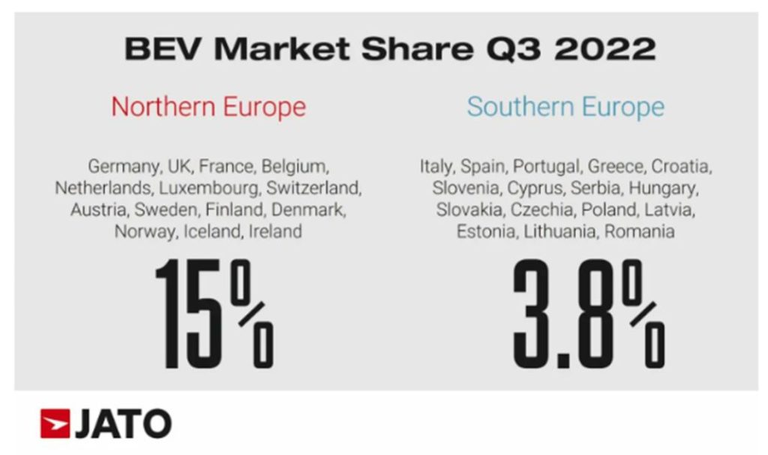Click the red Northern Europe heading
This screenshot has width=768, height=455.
coord(208,106)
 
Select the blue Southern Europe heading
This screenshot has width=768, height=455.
coord(565,106)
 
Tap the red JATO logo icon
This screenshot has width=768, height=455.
coord(54,424)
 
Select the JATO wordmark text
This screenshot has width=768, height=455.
coord(122,424)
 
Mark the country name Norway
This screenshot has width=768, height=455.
coord(145,232)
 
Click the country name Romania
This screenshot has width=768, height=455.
coord(639,232)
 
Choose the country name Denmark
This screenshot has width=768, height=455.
coord(309,210)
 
